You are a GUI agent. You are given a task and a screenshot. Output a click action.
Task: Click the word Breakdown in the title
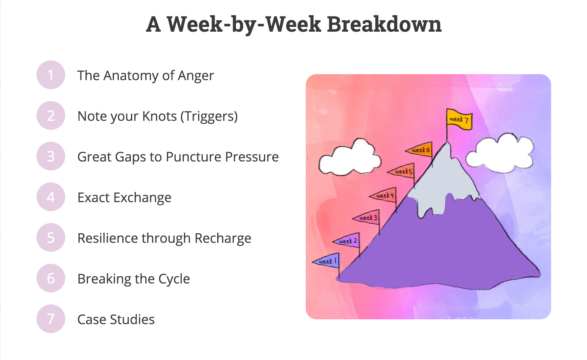[x=384, y=24]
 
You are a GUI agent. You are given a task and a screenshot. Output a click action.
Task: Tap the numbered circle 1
[x=51, y=75]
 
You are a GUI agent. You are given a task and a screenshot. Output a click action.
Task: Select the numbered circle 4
[x=51, y=197]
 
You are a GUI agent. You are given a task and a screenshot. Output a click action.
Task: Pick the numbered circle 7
[x=51, y=319]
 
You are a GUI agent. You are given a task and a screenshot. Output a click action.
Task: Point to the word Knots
[x=159, y=116]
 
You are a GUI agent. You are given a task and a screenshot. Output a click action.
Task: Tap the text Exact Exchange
[x=124, y=197]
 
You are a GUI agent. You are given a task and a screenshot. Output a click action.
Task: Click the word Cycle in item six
[x=174, y=279]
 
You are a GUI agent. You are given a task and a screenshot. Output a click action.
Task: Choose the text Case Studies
[x=116, y=319]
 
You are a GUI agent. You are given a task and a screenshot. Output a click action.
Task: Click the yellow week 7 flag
[x=459, y=119]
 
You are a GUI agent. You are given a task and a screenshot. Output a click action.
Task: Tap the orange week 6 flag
[x=419, y=150]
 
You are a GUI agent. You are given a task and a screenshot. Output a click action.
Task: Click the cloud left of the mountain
[x=350, y=158]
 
